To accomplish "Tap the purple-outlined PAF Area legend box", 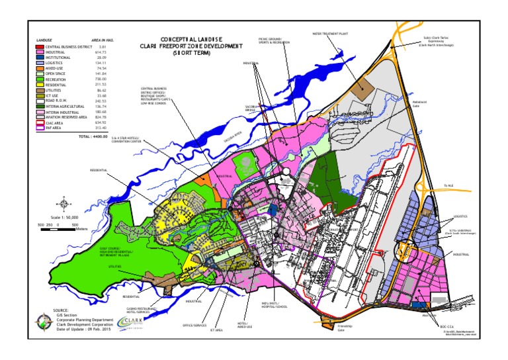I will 39,128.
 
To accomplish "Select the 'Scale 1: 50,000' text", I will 65,216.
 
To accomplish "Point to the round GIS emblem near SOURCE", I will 45,323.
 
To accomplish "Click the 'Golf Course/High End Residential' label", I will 116,253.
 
